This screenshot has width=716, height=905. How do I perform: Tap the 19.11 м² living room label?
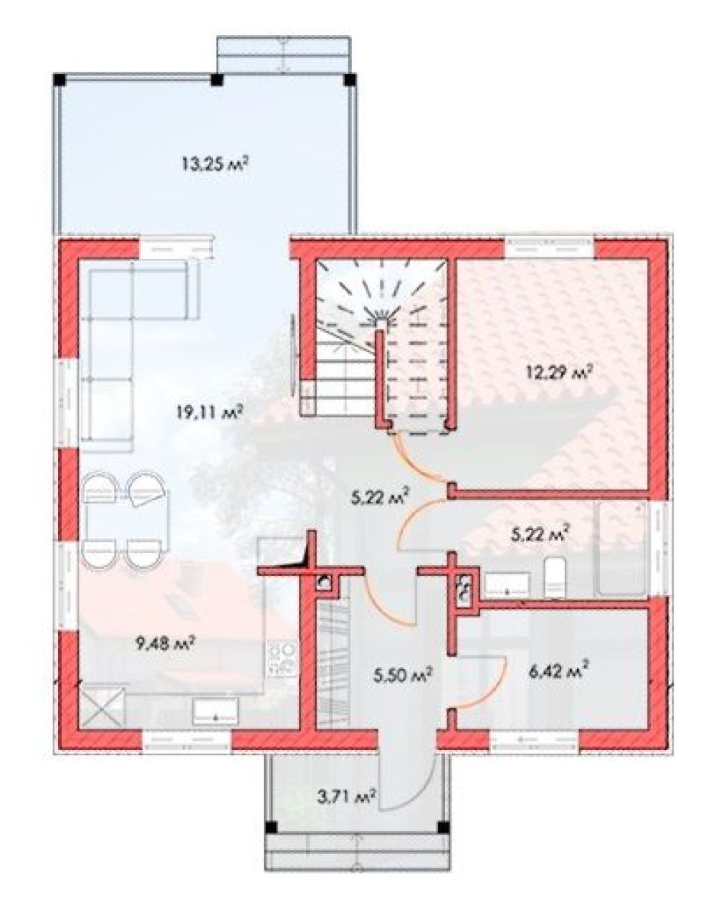tap(209, 412)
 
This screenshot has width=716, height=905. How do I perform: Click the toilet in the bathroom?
tap(555, 577)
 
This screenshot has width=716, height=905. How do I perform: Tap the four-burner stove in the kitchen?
tap(282, 661)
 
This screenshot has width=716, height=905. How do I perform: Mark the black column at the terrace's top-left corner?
tap(60, 80)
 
